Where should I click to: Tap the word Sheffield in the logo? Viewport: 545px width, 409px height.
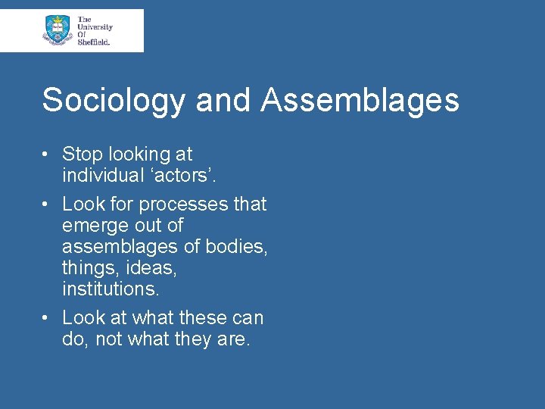tap(94, 42)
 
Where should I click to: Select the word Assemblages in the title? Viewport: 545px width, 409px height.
tap(360, 101)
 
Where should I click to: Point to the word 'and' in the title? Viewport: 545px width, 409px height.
tap(223, 101)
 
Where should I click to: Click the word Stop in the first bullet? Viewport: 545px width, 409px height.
tap(81, 155)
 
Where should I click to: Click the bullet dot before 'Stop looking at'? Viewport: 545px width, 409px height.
tap(47, 155)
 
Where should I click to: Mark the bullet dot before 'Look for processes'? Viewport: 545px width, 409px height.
tap(47, 204)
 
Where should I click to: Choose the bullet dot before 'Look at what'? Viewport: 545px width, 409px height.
tap(47, 318)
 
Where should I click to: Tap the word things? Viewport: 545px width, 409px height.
tap(89, 268)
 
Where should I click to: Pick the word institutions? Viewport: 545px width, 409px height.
tap(111, 289)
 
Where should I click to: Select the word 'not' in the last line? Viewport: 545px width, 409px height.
tap(107, 339)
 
